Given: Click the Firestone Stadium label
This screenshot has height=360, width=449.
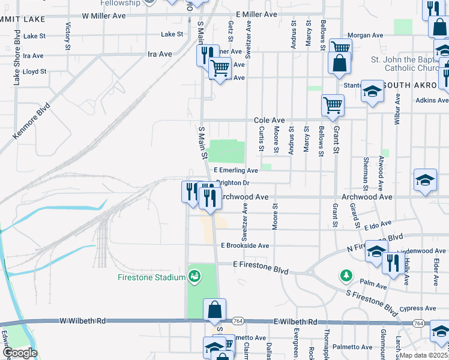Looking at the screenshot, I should pos(153,277).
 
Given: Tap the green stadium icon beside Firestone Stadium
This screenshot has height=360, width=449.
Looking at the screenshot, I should pos(194,277).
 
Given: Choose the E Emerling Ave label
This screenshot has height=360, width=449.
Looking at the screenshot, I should pos(235,171).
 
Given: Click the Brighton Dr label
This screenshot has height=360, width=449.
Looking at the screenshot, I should pos(232,182).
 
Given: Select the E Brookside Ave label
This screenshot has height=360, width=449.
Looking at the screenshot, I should pos(245,245).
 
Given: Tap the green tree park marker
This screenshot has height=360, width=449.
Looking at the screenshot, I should pos(346,275).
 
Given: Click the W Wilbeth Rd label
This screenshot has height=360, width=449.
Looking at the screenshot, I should pos(83,321).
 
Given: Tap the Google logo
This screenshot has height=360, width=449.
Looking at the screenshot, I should pos(20,352).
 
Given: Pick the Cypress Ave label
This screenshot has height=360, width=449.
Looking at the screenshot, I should pos(418,308).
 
